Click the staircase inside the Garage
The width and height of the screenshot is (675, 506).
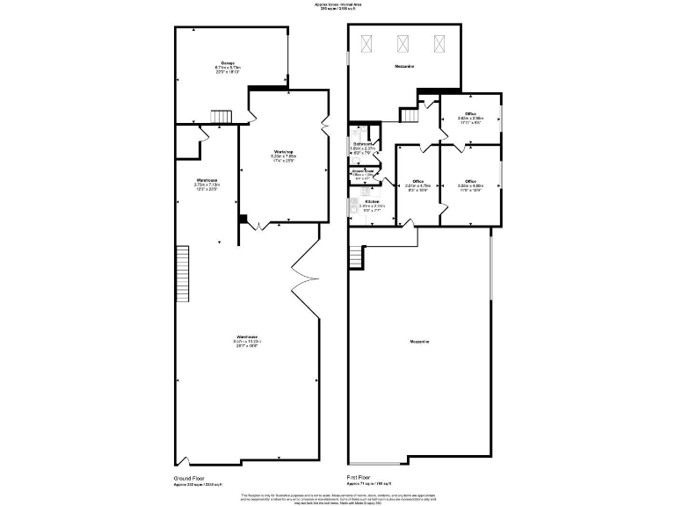click(x=221, y=116)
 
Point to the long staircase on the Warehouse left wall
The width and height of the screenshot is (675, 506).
click(x=183, y=272)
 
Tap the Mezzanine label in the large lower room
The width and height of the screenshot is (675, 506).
click(x=419, y=341)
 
